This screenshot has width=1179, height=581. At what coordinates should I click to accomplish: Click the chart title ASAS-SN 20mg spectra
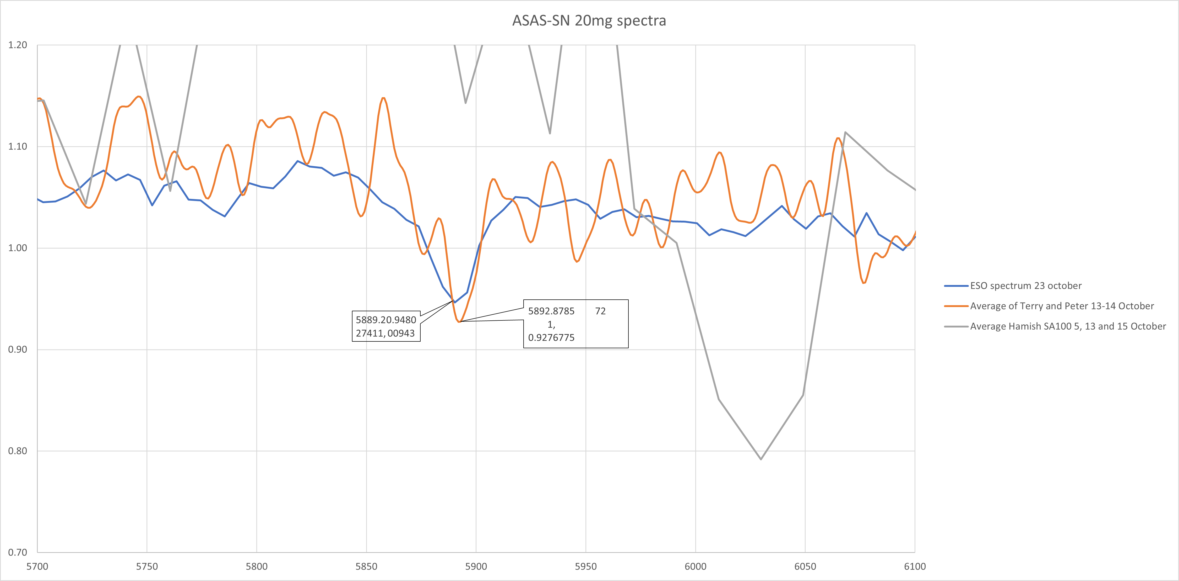[589, 21]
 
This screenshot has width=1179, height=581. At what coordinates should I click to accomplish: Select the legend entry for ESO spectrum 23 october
[1025, 286]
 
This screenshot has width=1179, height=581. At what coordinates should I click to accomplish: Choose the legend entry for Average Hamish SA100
[1067, 326]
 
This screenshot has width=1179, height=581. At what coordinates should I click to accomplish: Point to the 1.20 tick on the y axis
[17, 45]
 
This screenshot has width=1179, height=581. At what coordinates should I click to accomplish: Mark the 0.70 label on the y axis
[17, 552]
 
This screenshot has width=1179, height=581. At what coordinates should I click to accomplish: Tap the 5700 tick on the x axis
[37, 566]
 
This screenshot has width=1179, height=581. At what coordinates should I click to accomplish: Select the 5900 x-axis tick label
[476, 566]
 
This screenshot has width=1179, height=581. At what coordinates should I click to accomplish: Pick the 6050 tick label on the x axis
[805, 566]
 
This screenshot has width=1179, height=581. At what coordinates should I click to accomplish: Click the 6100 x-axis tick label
[915, 566]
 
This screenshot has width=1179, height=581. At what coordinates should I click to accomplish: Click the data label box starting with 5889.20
[386, 326]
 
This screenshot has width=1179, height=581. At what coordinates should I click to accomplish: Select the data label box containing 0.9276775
[575, 324]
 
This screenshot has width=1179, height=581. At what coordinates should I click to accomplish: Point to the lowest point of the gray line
[761, 459]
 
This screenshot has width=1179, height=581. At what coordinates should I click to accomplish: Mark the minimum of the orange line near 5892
[459, 322]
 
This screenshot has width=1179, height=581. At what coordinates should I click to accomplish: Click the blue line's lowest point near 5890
[454, 302]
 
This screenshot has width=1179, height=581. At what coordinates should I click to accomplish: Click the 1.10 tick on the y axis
[17, 147]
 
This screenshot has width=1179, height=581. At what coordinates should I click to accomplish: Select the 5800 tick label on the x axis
[256, 566]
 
